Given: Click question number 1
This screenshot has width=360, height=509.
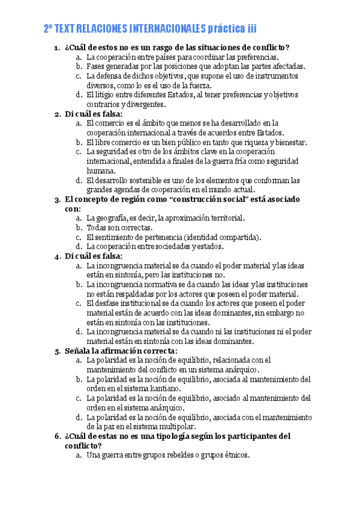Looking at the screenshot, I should pyautogui.click(x=57, y=48).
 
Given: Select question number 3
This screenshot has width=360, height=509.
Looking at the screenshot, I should pyautogui.click(x=57, y=199).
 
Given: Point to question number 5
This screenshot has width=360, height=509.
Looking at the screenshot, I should pyautogui.click(x=57, y=351).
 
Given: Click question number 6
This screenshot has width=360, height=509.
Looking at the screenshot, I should pyautogui.click(x=57, y=436).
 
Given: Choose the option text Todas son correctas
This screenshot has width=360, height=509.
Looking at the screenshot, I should pyautogui.click(x=119, y=227).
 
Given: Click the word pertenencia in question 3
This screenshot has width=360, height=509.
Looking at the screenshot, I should pyautogui.click(x=157, y=237).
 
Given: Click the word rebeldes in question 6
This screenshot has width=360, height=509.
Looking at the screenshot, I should pyautogui.click(x=179, y=455).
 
